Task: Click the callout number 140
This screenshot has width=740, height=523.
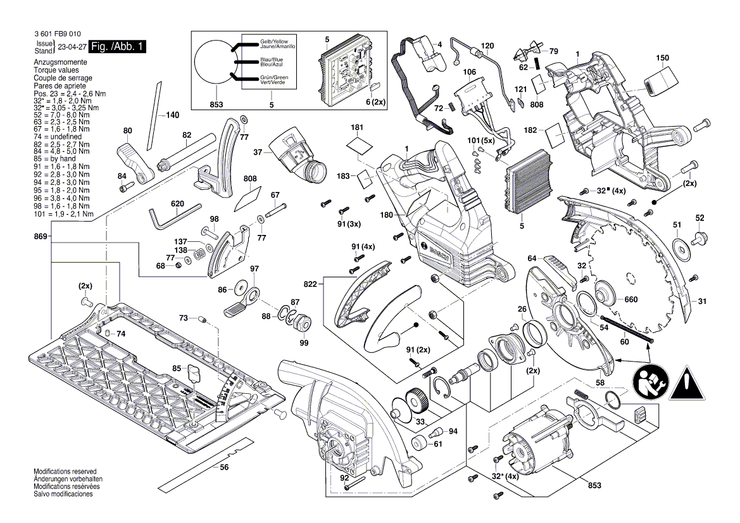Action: (172, 115)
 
